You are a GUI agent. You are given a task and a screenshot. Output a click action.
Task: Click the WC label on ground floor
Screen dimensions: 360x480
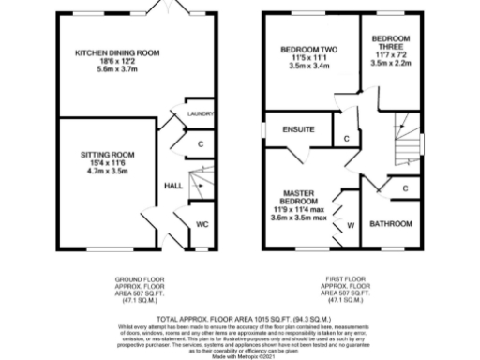202,224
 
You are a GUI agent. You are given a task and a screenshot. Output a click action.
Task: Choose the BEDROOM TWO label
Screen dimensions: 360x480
308,49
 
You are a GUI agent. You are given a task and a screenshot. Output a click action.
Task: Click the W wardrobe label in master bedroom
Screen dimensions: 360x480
351,225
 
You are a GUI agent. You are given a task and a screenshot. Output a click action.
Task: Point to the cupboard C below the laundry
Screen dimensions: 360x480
201,143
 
